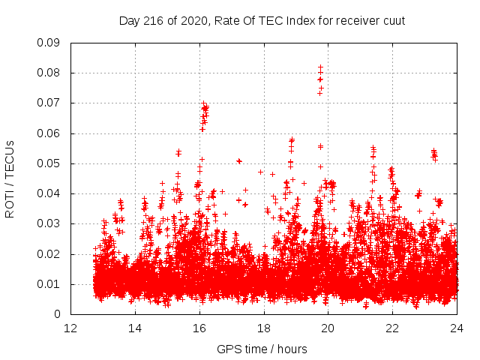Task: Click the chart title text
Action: tap(262, 20)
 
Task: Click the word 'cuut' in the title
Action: tap(393, 20)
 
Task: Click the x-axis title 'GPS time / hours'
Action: tap(262, 349)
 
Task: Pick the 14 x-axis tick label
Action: tap(135, 328)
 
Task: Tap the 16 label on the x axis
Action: tap(199, 328)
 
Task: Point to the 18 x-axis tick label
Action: tap(264, 328)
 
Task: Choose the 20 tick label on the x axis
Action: tap(328, 328)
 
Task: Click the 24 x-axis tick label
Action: tap(457, 328)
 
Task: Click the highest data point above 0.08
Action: tap(320, 67)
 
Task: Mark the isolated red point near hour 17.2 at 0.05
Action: tap(239, 160)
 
